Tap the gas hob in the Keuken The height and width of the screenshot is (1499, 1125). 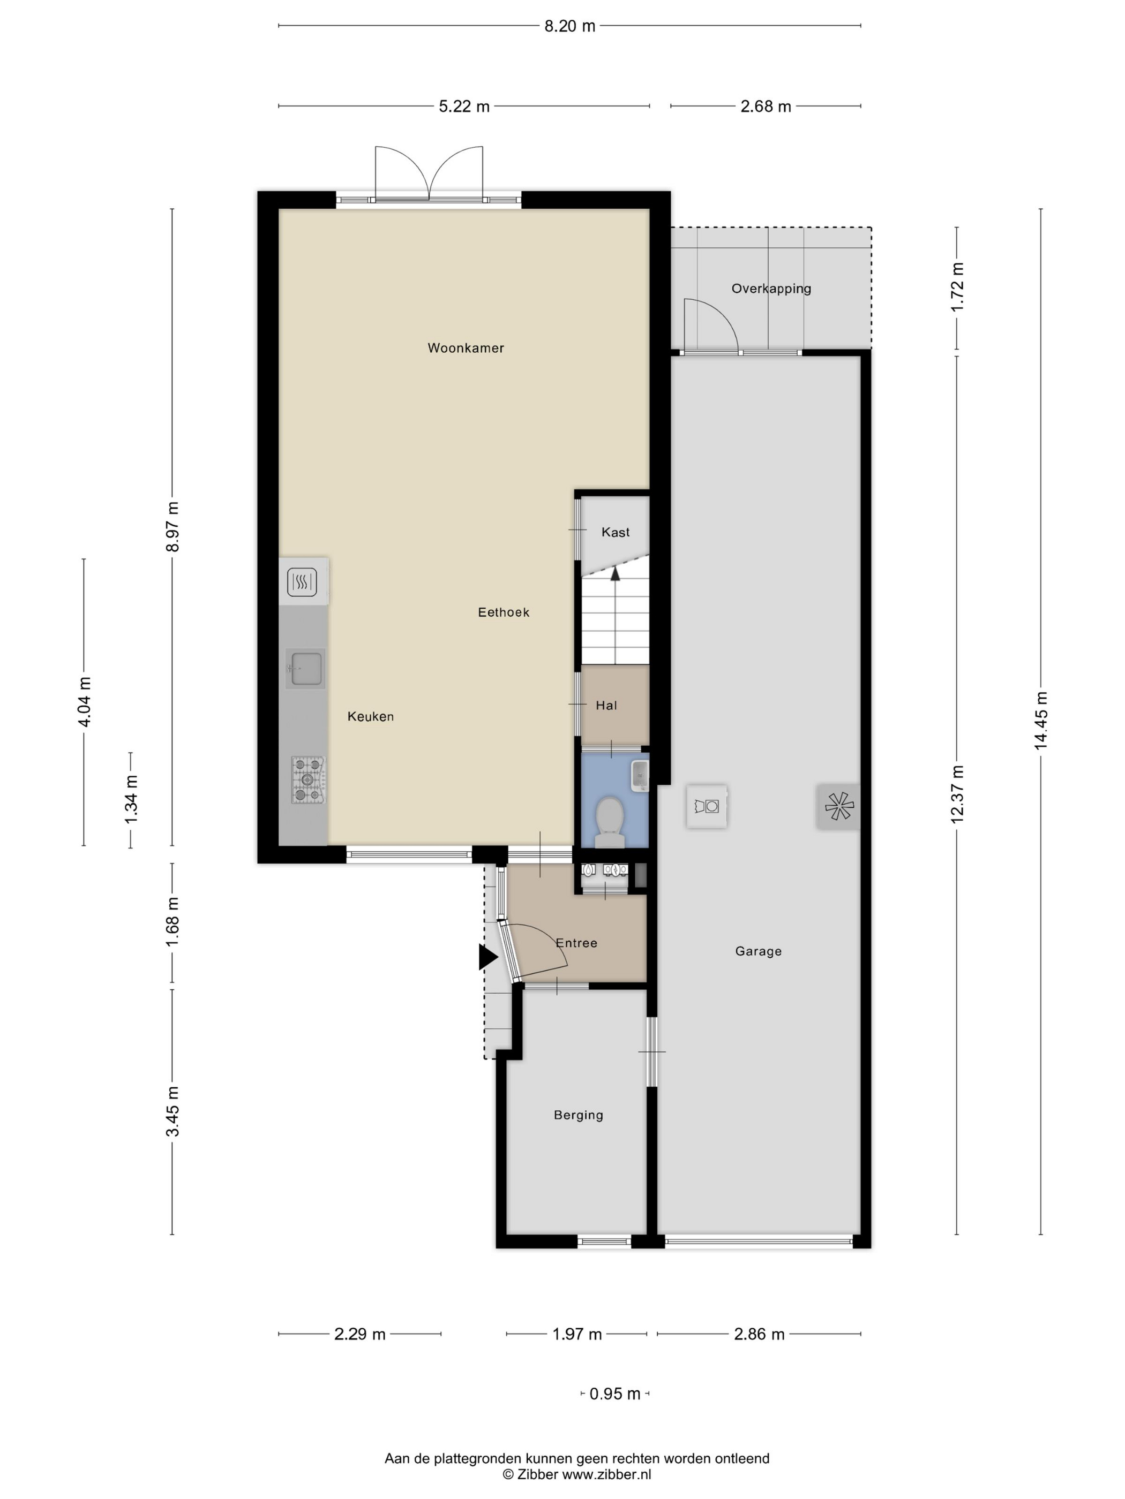point(308,780)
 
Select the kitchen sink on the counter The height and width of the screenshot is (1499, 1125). point(304,668)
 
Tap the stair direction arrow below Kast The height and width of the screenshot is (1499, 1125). point(615,574)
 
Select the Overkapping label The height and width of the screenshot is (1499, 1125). point(771,289)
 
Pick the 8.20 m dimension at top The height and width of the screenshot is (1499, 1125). point(569,26)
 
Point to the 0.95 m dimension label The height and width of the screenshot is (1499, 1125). point(614,1394)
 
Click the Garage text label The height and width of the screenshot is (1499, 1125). point(758,951)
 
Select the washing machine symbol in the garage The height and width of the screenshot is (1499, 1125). point(707,806)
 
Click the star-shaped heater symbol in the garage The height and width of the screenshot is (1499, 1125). point(838,806)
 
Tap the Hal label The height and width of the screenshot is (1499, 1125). point(606,706)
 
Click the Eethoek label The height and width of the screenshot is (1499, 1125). point(503,612)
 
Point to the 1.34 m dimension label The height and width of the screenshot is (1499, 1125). point(131,800)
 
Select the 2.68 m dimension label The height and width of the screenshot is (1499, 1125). point(766,107)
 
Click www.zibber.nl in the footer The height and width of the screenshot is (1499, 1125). point(606,1474)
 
